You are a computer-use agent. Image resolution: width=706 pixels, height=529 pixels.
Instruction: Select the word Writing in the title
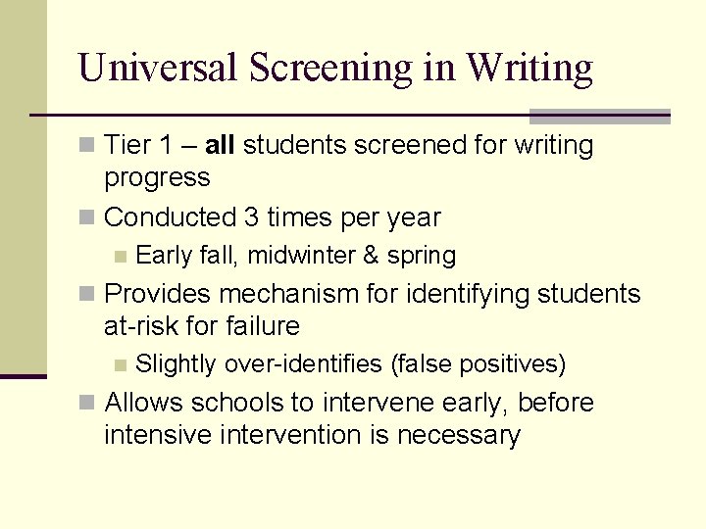click(x=529, y=68)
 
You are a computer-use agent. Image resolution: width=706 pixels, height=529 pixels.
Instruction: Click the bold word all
click(x=220, y=145)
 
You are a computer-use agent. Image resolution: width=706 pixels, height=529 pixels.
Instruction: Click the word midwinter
click(x=301, y=256)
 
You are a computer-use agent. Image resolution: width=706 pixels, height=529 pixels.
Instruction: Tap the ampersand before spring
click(x=370, y=256)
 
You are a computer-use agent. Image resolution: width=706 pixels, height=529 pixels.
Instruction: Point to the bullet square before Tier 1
click(x=88, y=146)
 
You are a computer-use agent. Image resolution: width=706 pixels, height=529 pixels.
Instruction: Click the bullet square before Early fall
click(x=120, y=257)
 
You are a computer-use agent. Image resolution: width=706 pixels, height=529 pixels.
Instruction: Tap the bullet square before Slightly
click(x=120, y=365)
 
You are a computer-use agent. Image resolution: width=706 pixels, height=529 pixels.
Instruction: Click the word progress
click(x=157, y=177)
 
